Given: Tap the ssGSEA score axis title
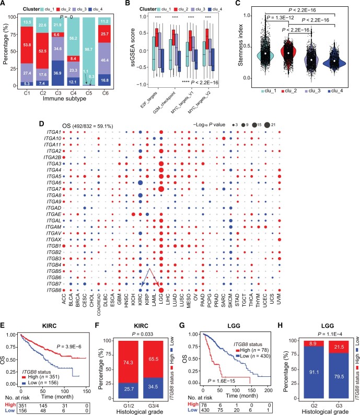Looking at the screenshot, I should [x=127, y=49].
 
